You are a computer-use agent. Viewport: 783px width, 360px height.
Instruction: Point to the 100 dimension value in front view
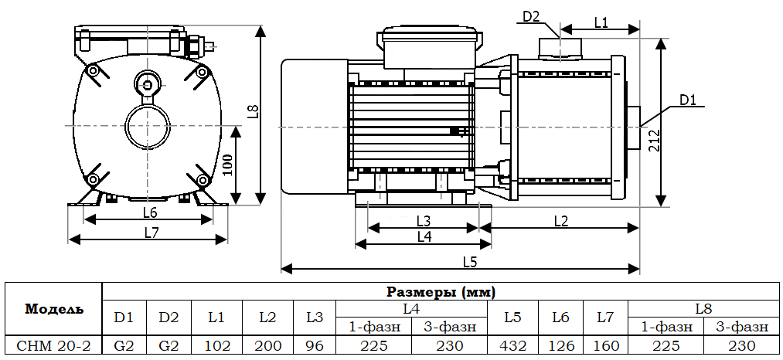coord(227,164)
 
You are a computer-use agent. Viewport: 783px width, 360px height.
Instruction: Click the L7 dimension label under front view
coord(150,231)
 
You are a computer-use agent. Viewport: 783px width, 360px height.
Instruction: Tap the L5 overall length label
coord(469,261)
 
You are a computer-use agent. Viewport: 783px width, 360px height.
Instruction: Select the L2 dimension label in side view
coord(560,221)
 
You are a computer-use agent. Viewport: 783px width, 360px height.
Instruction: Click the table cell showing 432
coord(512,345)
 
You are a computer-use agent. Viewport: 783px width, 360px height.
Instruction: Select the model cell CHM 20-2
coord(53,345)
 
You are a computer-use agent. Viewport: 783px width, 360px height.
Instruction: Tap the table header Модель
coord(53,309)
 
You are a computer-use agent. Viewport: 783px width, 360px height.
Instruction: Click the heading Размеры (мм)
coord(441,292)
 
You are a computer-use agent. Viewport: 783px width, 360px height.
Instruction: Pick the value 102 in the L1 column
coord(216,345)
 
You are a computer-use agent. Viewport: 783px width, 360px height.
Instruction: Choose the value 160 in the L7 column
coord(605,345)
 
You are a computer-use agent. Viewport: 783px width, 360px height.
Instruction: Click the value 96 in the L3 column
coord(315,345)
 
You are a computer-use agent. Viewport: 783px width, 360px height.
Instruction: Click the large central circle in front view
coord(147,126)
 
